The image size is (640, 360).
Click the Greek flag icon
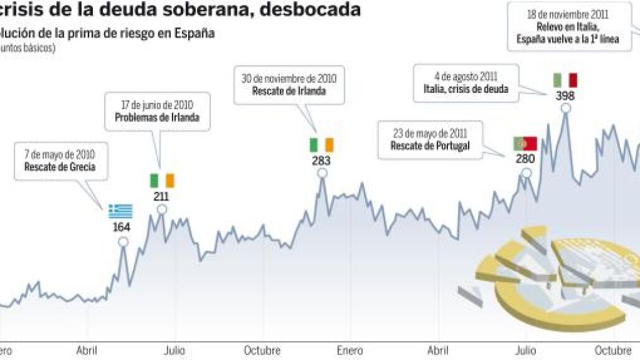click(x=121, y=211)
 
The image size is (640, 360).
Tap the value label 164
click(x=122, y=226)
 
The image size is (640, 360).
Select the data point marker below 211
click(x=162, y=209)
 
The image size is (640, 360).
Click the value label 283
click(x=322, y=161)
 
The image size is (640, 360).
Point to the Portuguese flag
click(x=525, y=144)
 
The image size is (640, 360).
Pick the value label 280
click(x=525, y=158)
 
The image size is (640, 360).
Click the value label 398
click(x=565, y=96)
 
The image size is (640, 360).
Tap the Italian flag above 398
click(x=565, y=80)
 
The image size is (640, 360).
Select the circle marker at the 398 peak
click(x=566, y=108)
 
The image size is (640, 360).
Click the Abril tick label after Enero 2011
click(x=439, y=350)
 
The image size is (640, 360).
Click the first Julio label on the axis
click(x=174, y=350)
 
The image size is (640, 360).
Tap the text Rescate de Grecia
click(x=60, y=167)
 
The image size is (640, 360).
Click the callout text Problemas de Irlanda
click(x=157, y=117)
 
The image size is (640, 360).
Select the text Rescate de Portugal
click(x=430, y=146)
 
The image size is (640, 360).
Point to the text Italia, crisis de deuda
click(x=462, y=89)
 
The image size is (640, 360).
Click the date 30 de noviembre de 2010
click(x=289, y=79)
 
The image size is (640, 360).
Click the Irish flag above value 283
click(x=322, y=145)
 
